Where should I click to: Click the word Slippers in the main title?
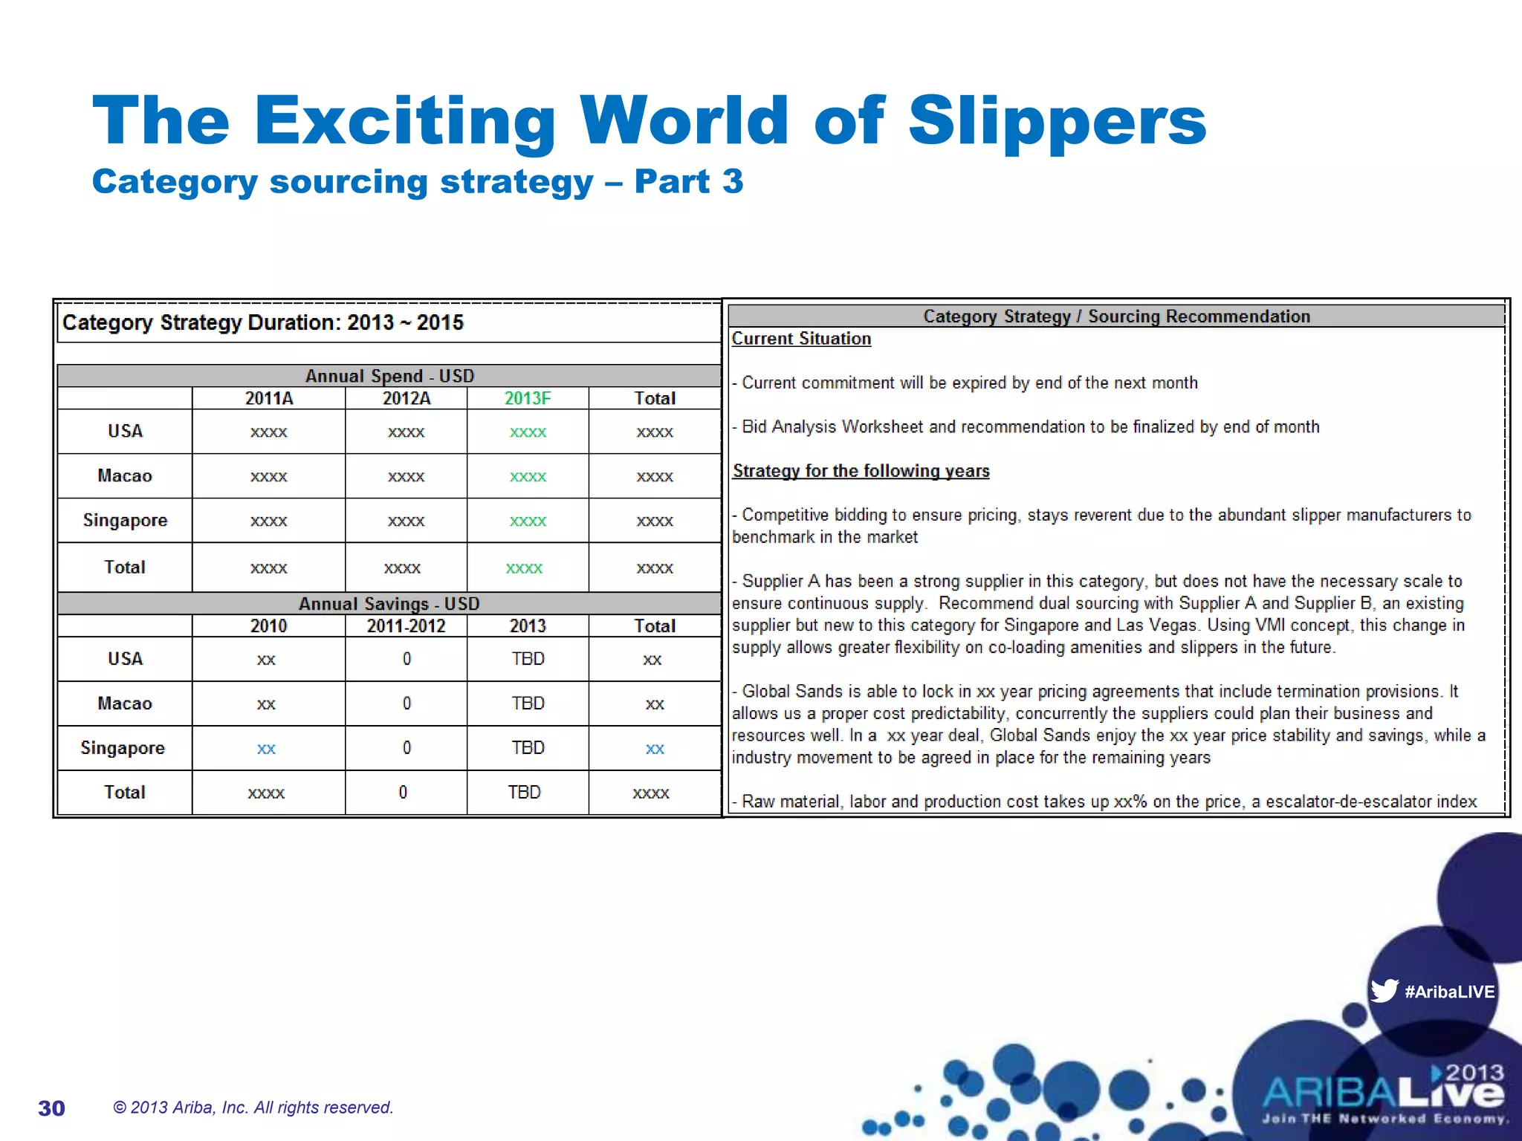[x=1057, y=121]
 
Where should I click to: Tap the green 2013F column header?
[x=528, y=398]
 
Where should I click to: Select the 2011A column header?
[x=269, y=398]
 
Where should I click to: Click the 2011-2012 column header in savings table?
[x=406, y=625]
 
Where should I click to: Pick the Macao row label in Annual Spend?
[x=125, y=475]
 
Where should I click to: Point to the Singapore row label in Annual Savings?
[x=123, y=747]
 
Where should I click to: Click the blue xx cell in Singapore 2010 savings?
[x=266, y=749]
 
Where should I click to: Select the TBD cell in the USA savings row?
[x=528, y=659]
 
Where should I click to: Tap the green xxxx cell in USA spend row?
[x=528, y=432]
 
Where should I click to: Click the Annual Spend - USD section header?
[x=389, y=376]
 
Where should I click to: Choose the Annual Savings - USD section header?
[x=389, y=603]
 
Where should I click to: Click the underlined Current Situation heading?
[x=801, y=339]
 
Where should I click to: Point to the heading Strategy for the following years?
[x=861, y=471]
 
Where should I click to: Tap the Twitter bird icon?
[x=1384, y=991]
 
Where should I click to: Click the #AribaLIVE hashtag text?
[x=1449, y=992]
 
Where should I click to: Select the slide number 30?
[x=51, y=1108]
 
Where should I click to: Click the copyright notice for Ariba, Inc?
[x=253, y=1108]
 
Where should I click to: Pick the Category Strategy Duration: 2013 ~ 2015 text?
[x=263, y=322]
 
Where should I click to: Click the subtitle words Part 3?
[x=688, y=181]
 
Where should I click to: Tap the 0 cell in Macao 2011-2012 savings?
[x=407, y=703]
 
